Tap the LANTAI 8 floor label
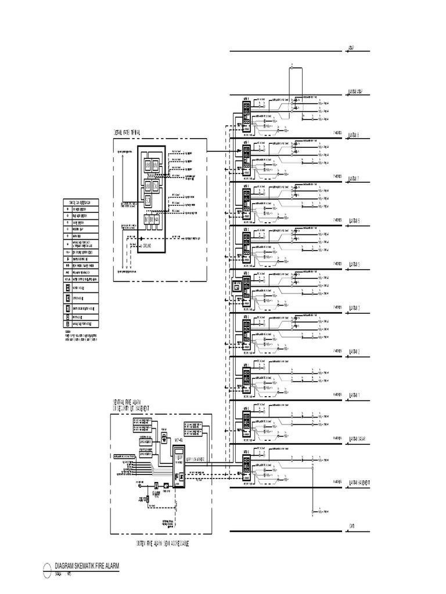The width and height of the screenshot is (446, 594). (354, 135)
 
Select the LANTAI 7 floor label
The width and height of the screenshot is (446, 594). (354, 179)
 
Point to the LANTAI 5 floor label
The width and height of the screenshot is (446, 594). (354, 265)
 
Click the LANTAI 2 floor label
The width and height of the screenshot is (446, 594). (354, 352)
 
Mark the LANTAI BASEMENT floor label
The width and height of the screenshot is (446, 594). (359, 483)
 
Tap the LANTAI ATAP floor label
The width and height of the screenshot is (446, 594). (356, 92)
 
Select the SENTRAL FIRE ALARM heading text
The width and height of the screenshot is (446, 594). (127, 401)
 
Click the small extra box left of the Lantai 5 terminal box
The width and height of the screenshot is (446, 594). (236, 287)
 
